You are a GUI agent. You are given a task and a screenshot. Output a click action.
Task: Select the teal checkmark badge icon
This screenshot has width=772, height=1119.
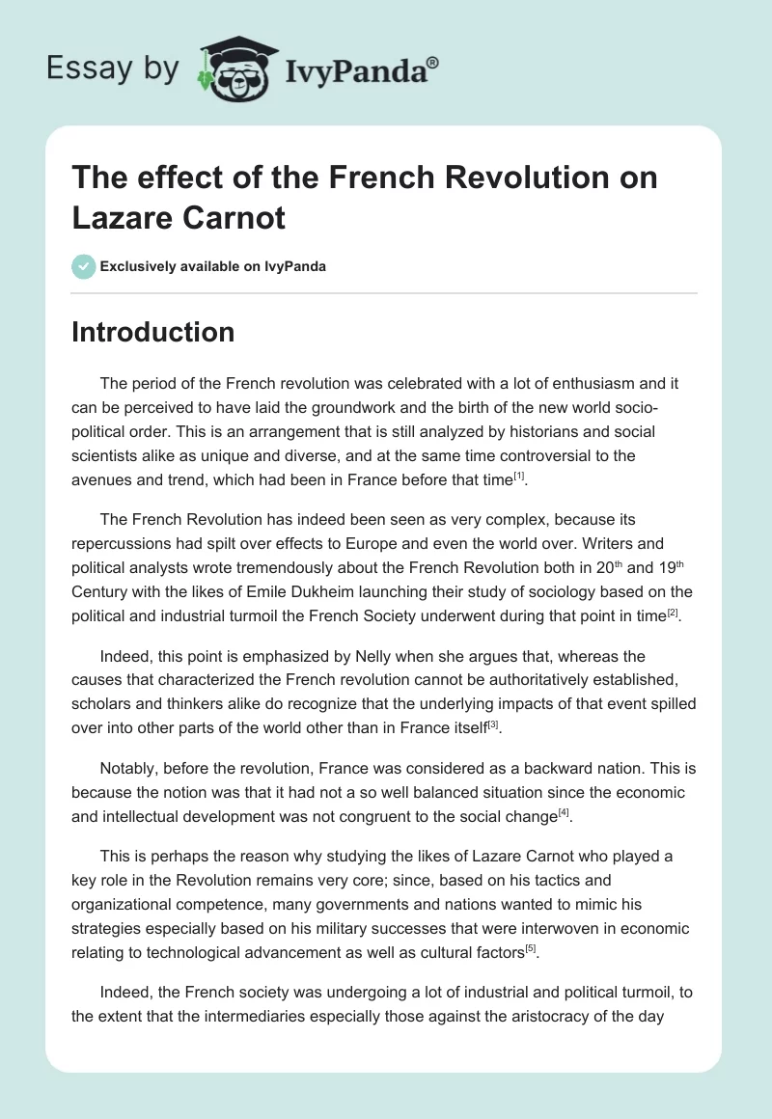click(x=84, y=266)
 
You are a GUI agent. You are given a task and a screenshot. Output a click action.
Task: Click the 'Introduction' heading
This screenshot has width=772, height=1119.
click(x=153, y=332)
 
